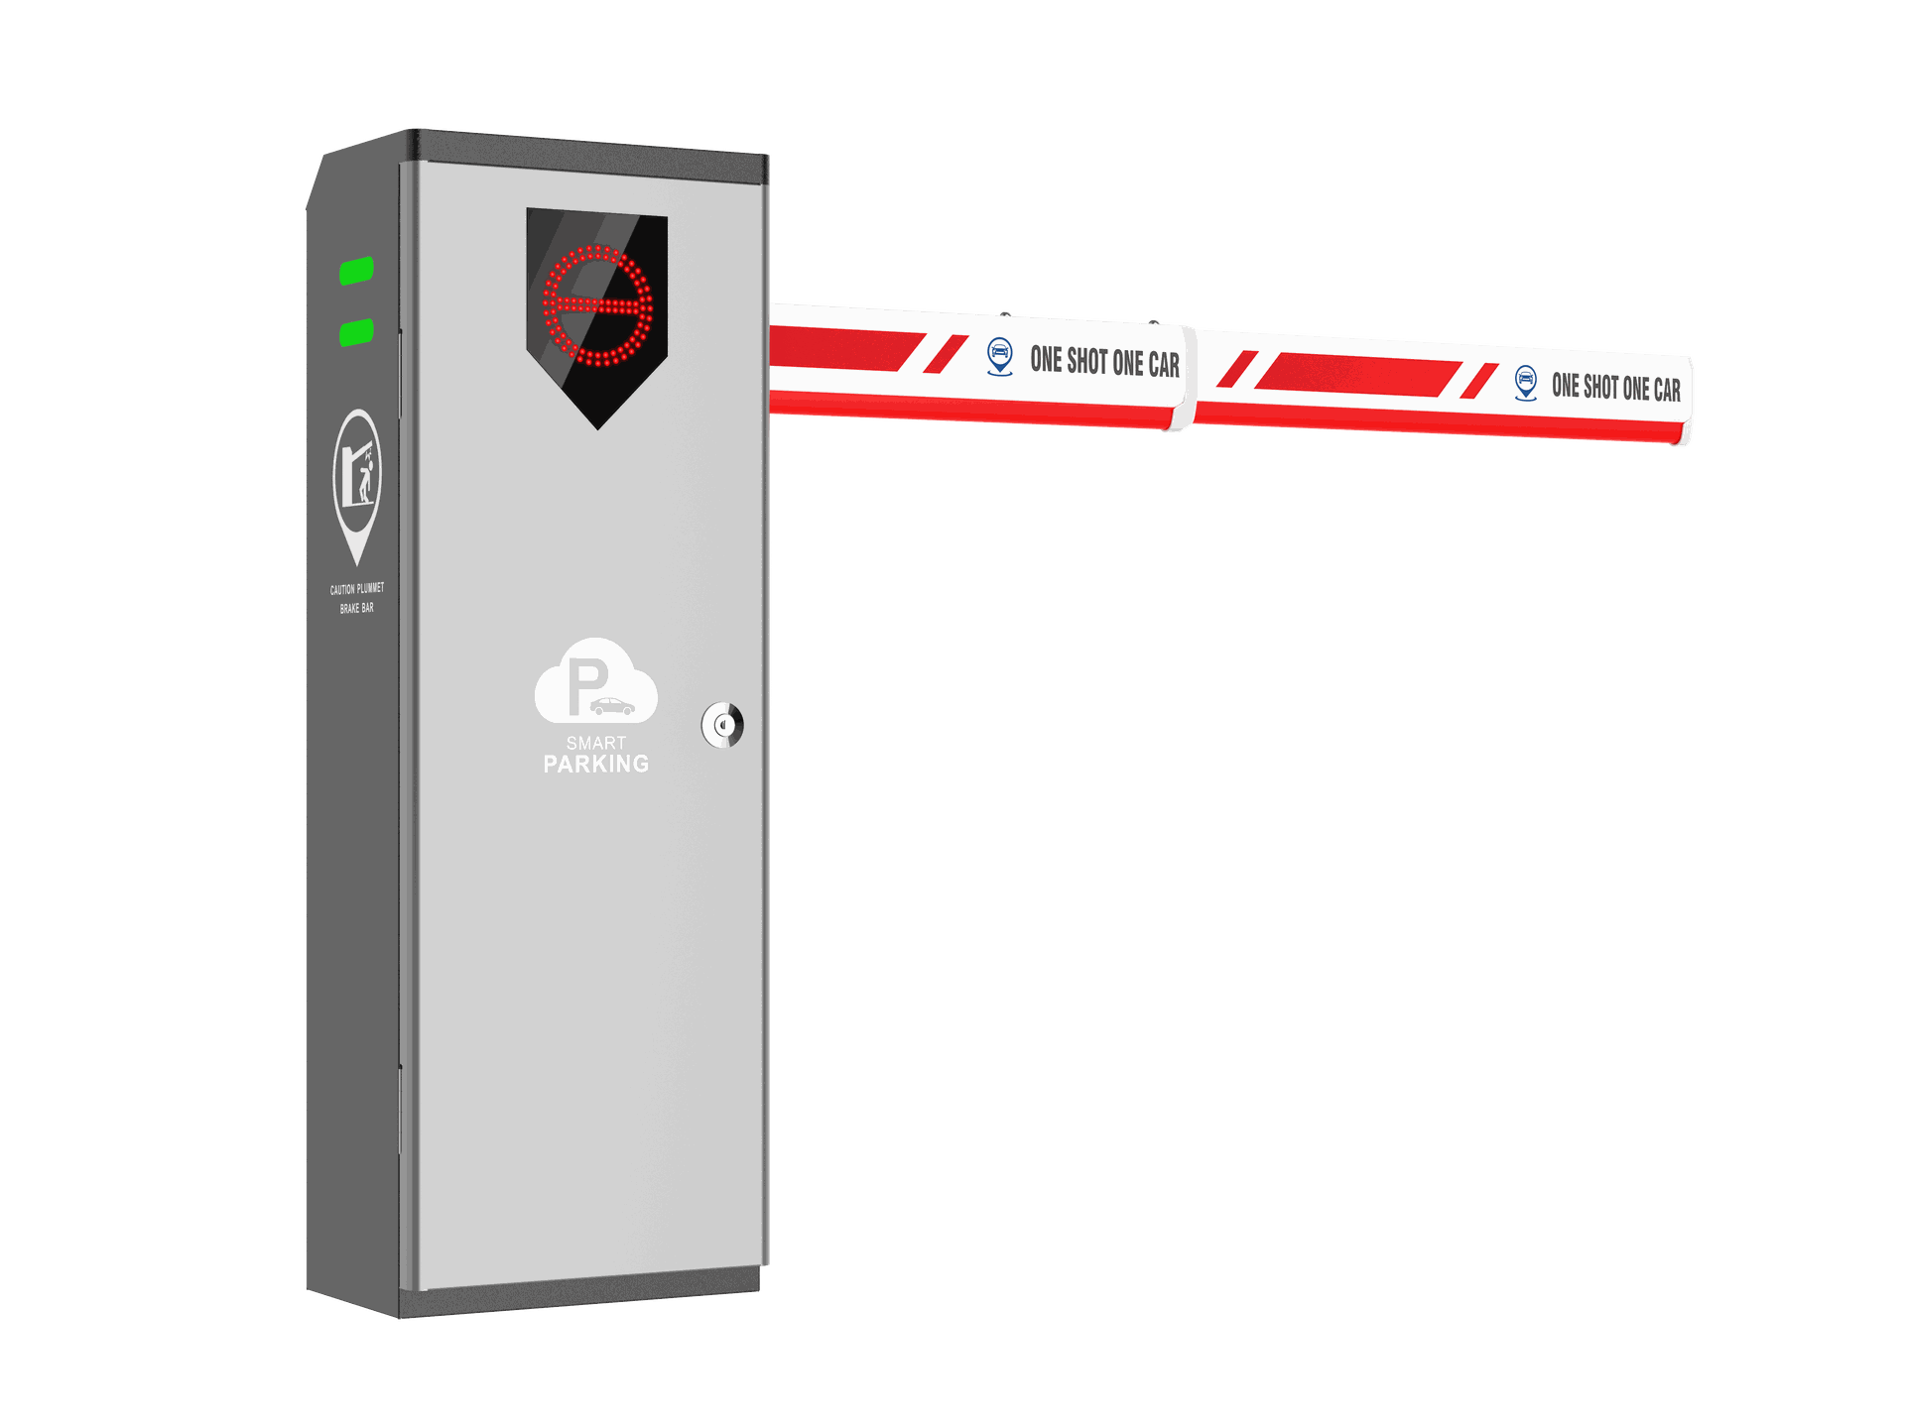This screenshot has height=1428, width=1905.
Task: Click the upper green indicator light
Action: (356, 270)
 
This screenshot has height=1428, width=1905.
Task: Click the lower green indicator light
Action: (356, 332)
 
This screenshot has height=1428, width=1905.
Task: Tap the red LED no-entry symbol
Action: (597, 305)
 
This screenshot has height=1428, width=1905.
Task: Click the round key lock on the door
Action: (722, 725)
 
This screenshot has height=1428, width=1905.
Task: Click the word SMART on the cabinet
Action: (596, 743)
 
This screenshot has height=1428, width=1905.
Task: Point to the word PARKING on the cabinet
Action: (596, 764)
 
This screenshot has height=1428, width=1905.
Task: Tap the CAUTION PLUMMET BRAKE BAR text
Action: (357, 598)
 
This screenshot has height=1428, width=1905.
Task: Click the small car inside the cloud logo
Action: (612, 706)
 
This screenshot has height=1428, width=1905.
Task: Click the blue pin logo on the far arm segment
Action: (1526, 383)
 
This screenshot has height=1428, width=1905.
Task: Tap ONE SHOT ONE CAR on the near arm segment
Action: (1105, 362)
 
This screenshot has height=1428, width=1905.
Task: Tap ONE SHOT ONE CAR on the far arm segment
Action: (1616, 387)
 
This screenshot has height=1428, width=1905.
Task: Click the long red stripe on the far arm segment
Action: (1357, 374)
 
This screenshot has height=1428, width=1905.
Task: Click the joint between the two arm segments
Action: (1190, 379)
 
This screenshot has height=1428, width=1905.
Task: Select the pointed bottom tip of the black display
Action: (598, 428)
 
